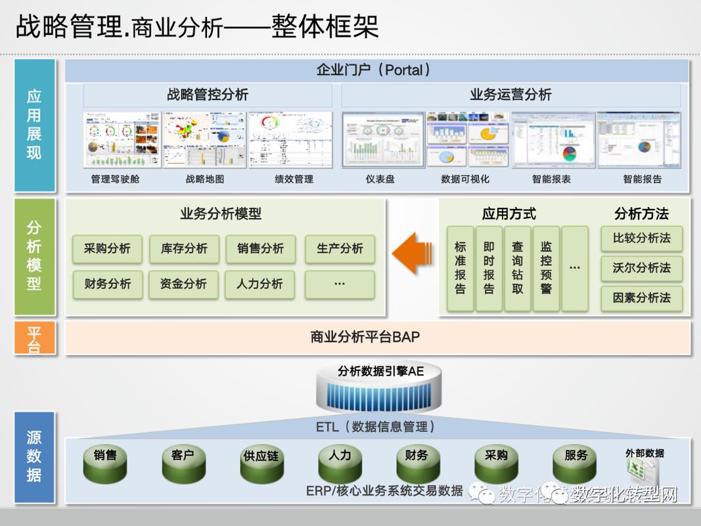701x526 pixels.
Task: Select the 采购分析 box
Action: click(107, 249)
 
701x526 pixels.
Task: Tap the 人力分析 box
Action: click(260, 284)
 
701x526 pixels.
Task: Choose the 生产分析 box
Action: click(340, 249)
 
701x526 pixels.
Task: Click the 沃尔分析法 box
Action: click(641, 268)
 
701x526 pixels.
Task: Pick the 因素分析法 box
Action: click(641, 298)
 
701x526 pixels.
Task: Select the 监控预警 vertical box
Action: click(546, 268)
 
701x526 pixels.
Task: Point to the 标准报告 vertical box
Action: click(460, 268)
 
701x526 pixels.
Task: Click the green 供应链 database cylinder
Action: click(261, 464)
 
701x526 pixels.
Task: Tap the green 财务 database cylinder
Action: click(417, 463)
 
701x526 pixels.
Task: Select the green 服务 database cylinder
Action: click(575, 463)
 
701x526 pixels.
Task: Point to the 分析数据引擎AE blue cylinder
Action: click(381, 388)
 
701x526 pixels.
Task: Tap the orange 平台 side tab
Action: click(34, 337)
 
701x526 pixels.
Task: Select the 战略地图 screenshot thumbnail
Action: click(204, 140)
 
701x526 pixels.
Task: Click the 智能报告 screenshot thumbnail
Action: click(642, 140)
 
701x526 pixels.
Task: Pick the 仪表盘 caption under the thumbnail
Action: click(380, 179)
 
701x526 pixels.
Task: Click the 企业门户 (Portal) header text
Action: click(373, 70)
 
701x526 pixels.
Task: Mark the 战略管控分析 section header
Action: click(208, 95)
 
